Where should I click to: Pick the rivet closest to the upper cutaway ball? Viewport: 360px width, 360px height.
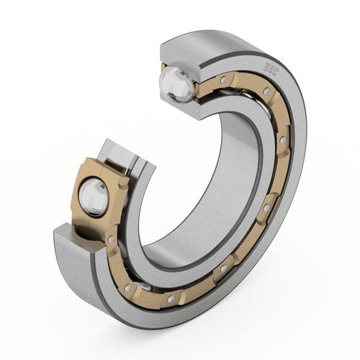(x=224, y=78)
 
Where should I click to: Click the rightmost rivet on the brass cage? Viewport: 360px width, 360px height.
(x=284, y=138)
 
